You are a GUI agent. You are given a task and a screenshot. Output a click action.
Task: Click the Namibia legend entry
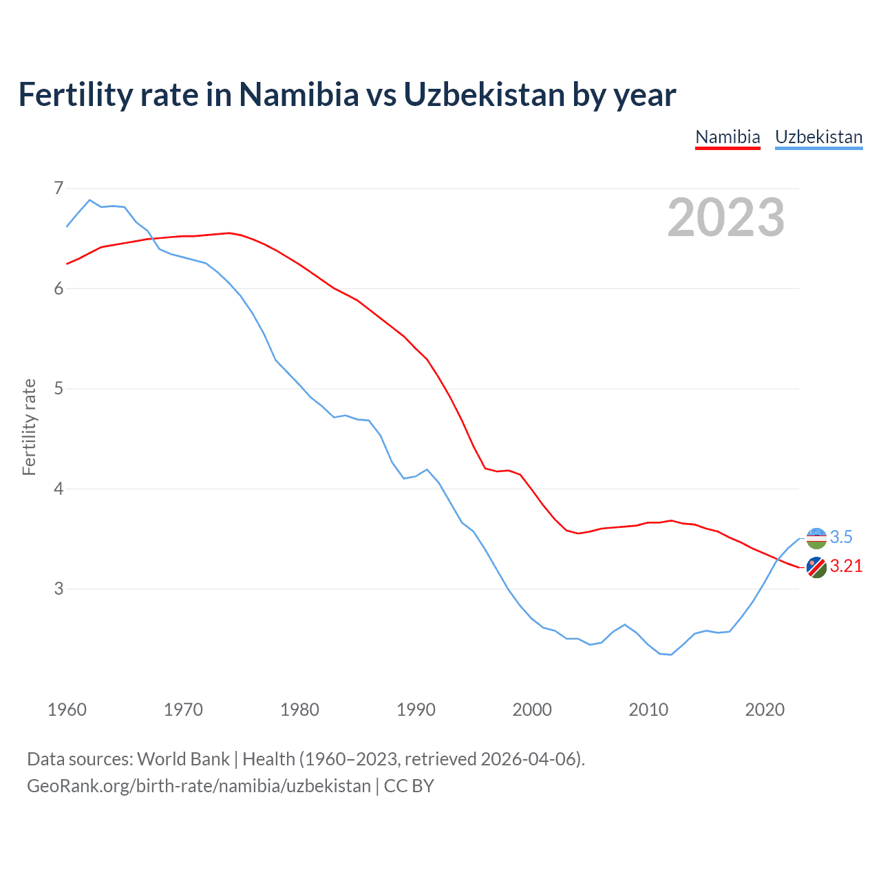point(728,137)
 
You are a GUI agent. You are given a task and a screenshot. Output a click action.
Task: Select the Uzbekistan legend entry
point(818,137)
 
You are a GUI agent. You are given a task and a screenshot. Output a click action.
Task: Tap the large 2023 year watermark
point(726,217)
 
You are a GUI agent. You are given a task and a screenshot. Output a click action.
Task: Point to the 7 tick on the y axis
point(59,188)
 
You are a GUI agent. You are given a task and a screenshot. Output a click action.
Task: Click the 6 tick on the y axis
point(59,288)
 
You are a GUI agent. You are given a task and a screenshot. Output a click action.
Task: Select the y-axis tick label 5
point(59,388)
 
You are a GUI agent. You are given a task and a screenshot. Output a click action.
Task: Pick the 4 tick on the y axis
point(59,489)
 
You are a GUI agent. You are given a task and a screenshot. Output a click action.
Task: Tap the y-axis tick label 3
point(59,588)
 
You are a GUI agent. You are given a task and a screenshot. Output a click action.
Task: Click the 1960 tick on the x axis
point(67,710)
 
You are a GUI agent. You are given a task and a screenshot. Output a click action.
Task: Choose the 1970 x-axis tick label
point(183,710)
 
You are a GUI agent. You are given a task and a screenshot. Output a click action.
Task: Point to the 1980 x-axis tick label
point(299,710)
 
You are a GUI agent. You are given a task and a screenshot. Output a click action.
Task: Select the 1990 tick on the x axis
point(416,710)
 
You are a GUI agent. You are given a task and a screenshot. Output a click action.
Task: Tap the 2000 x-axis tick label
point(532,710)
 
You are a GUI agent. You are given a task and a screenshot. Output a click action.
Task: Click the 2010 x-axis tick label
point(648,710)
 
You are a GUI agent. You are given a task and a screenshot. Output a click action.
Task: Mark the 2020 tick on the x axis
point(765,710)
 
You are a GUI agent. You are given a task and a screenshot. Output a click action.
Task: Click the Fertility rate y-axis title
point(29,427)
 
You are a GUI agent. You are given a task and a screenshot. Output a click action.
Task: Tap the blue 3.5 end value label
point(841,537)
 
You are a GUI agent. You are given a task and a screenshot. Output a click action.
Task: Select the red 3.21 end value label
point(846,566)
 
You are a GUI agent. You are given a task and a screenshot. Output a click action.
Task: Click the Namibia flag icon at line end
point(816,568)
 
